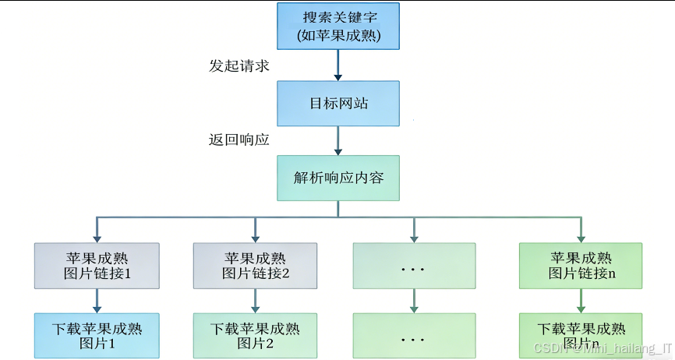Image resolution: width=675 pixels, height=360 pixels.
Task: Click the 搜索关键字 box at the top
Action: click(x=338, y=26)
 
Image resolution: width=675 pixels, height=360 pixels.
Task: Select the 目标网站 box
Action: click(x=338, y=104)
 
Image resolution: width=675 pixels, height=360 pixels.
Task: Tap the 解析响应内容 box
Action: click(x=338, y=177)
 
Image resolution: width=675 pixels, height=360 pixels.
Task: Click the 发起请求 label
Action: click(x=239, y=65)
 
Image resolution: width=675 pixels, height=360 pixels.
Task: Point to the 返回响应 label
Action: click(x=239, y=139)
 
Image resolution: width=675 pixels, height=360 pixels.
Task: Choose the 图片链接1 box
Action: click(x=97, y=265)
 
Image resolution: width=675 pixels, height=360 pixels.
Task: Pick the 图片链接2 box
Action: click(x=255, y=265)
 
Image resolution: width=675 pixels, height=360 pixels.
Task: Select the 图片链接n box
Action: click(x=581, y=265)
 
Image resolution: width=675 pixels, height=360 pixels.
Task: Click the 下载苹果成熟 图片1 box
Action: click(x=97, y=335)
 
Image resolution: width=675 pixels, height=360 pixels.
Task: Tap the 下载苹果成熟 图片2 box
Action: click(x=255, y=335)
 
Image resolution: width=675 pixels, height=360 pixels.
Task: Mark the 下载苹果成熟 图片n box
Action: click(x=581, y=335)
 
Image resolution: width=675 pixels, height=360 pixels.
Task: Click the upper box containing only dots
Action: click(x=413, y=266)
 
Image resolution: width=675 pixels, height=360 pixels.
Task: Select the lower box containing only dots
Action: click(x=413, y=336)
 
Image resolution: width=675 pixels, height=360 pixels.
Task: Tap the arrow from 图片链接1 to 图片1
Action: click(x=97, y=300)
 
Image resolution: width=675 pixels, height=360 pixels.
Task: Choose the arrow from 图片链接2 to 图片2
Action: click(x=255, y=300)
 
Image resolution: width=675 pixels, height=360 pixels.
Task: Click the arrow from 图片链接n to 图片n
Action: click(x=581, y=300)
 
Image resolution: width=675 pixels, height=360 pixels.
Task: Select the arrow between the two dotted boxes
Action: click(x=413, y=300)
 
